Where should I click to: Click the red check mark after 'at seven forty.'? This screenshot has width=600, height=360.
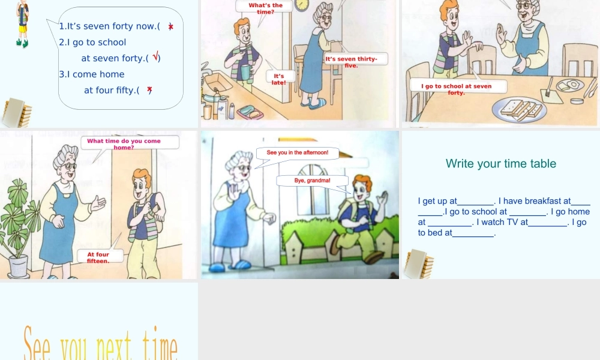tap(155, 56)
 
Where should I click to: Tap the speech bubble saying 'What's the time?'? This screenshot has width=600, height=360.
tap(265, 8)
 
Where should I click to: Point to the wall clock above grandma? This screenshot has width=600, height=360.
tap(302, 5)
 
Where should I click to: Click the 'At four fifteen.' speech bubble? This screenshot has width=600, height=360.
tap(100, 256)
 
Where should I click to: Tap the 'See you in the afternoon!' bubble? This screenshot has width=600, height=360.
tap(298, 153)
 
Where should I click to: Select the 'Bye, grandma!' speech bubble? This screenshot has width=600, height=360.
tap(312, 181)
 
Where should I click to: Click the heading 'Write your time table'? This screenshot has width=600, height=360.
tap(501, 164)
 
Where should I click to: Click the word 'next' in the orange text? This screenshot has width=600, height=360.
tap(113, 345)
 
